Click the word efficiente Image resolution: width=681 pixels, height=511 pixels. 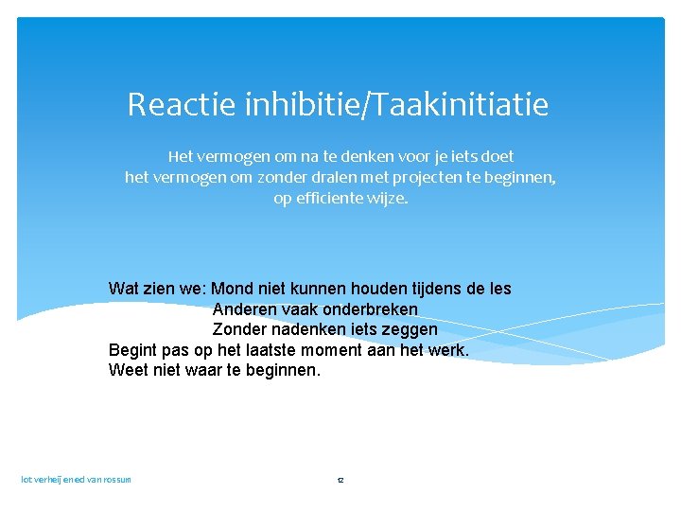click(331, 199)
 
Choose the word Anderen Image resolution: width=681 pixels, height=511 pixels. click(243, 309)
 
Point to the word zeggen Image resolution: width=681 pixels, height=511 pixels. click(409, 329)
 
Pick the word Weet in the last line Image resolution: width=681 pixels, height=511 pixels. click(127, 370)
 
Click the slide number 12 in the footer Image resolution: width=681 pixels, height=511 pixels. click(340, 481)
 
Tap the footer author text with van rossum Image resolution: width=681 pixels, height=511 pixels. click(77, 480)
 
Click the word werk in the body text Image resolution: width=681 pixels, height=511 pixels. click(446, 350)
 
